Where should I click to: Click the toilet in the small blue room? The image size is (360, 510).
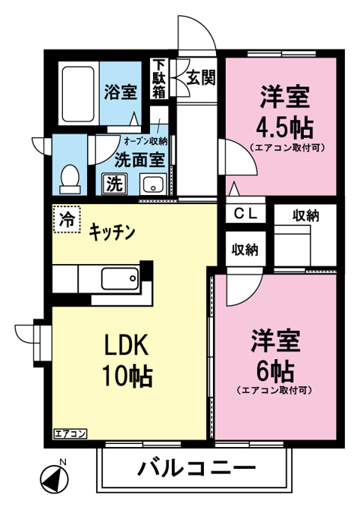tap(70, 179)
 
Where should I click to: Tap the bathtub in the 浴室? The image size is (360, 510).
tap(78, 94)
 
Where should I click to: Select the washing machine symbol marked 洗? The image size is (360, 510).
tap(115, 184)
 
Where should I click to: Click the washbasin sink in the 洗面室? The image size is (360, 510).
tap(153, 184)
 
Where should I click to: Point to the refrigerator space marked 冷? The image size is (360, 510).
tap(67, 219)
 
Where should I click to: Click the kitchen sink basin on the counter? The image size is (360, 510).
tap(120, 278)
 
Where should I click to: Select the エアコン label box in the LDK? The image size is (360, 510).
tap(70, 434)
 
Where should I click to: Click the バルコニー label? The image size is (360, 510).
tap(196, 469)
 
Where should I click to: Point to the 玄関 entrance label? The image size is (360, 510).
tap(201, 78)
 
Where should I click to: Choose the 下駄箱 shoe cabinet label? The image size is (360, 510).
tap(159, 79)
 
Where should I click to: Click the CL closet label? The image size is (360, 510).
tap(246, 214)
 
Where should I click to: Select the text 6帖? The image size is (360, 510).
tap(275, 370)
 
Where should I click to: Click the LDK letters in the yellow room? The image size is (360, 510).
tap(126, 345)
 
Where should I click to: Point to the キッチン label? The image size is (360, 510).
tap(112, 232)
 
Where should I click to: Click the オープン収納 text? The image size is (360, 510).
tap(145, 142)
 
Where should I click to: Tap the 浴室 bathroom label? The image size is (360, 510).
tap(120, 91)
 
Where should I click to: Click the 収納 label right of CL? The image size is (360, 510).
tap(305, 216)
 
